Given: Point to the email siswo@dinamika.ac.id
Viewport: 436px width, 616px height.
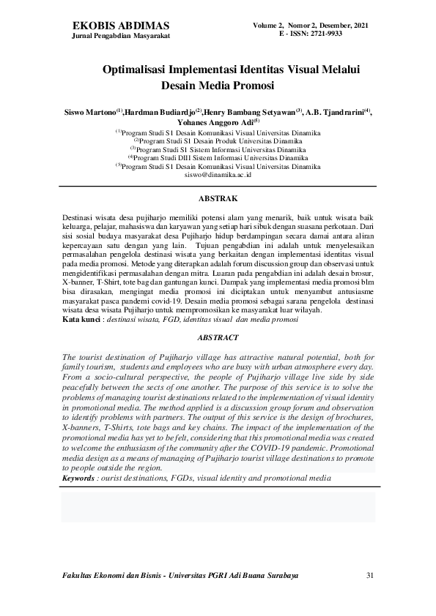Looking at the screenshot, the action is [218, 176].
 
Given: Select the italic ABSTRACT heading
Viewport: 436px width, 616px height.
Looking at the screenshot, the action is [218, 337].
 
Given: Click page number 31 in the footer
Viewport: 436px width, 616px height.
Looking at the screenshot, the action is [370, 576].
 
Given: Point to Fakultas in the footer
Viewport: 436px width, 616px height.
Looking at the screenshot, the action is [82, 576].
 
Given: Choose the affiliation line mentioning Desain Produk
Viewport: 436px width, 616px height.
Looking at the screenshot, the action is [218, 140].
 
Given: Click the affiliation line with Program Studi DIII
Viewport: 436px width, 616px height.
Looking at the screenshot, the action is [218, 157].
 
